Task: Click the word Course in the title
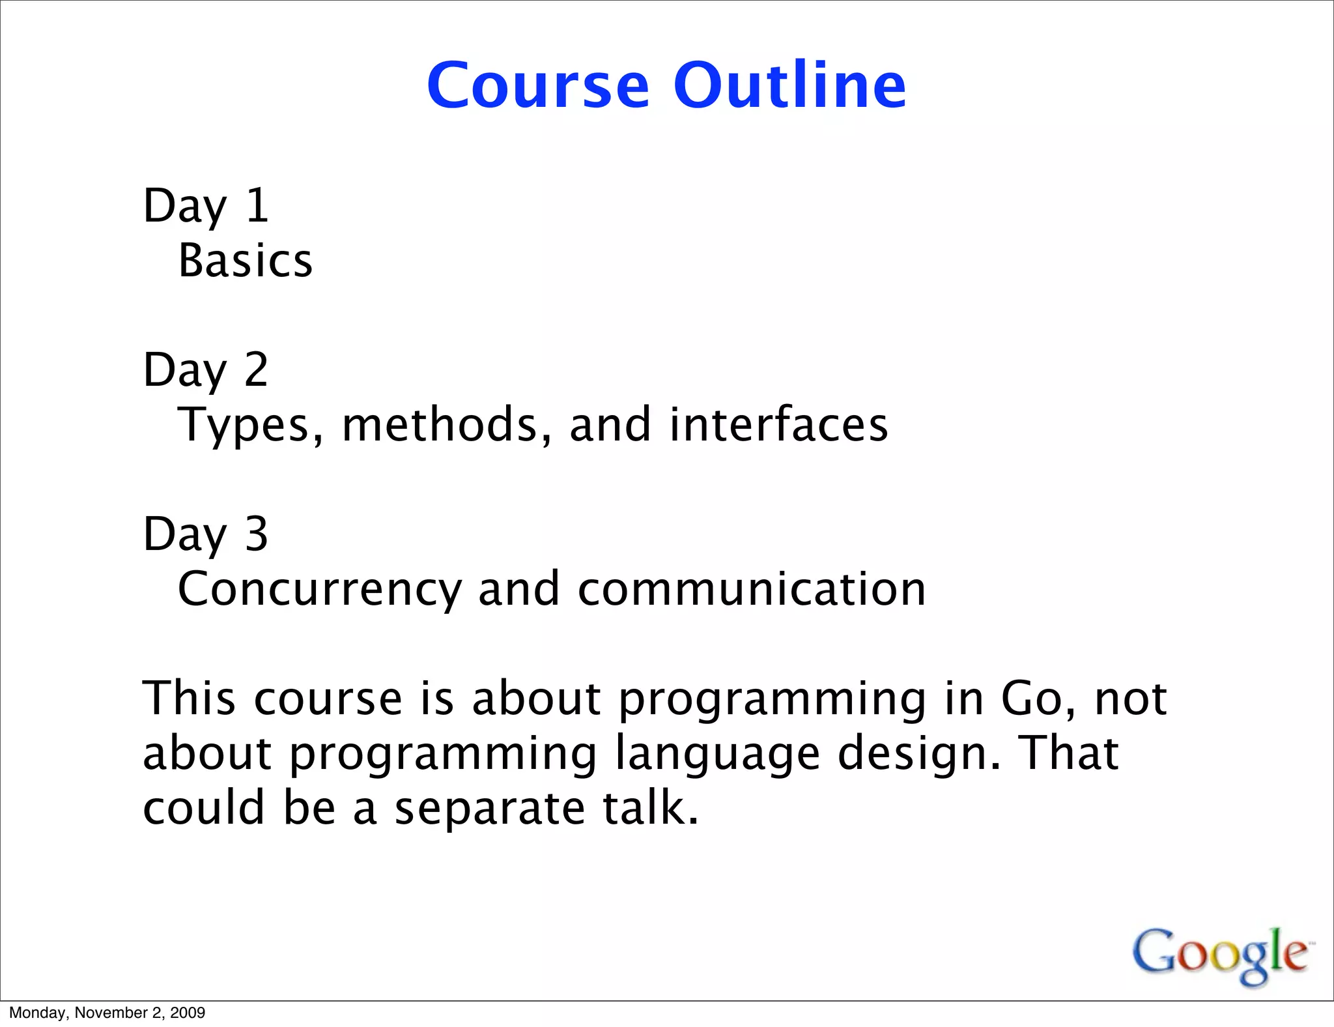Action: click(x=538, y=85)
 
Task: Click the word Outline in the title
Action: click(x=789, y=85)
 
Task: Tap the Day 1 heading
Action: click(x=206, y=206)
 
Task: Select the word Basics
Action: click(x=246, y=261)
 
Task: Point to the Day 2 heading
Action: click(x=206, y=370)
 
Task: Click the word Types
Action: click(x=250, y=425)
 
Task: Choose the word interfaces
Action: click(x=778, y=425)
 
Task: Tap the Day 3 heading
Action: click(x=206, y=534)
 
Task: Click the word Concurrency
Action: click(x=319, y=589)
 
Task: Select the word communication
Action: click(x=751, y=589)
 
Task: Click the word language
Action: click(x=717, y=753)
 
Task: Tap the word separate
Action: click(x=490, y=808)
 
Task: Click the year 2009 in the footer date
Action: click(x=188, y=1013)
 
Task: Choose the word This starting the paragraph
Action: click(x=189, y=699)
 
